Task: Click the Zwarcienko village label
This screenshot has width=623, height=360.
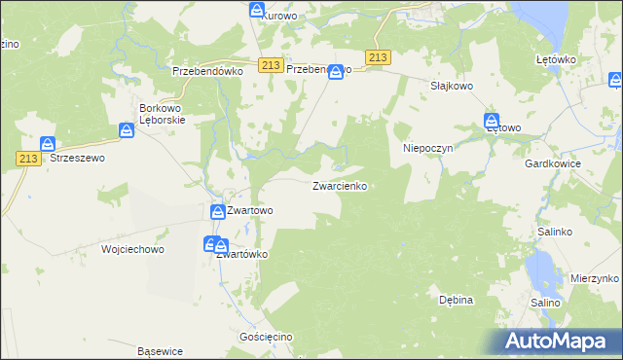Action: (x=340, y=186)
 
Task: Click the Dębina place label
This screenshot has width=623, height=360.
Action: (x=456, y=300)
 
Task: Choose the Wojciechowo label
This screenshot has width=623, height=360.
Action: (x=133, y=249)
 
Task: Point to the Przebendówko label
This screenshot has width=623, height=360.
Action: (x=206, y=71)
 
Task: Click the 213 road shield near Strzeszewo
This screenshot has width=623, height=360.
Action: (x=26, y=158)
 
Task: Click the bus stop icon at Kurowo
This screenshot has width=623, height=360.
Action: (x=257, y=10)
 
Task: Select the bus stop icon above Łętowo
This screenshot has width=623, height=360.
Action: (x=493, y=121)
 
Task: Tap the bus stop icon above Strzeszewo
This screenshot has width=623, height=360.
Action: (x=46, y=145)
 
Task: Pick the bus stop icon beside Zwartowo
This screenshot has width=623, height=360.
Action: (x=217, y=210)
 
